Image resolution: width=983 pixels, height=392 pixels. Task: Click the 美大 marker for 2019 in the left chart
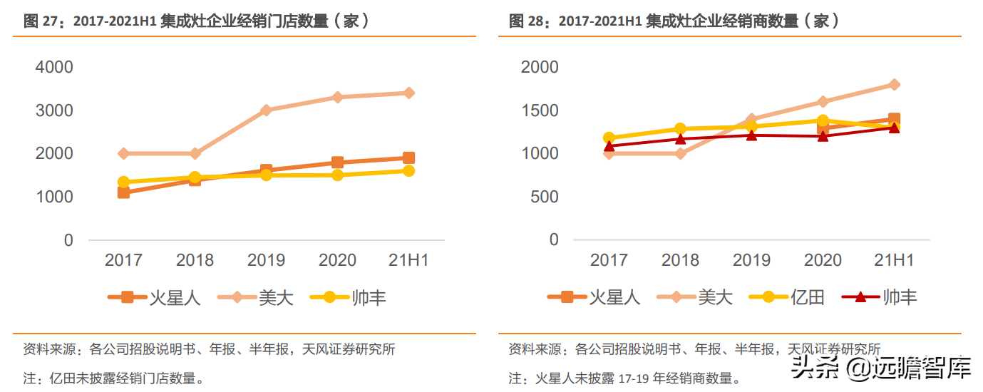point(266,110)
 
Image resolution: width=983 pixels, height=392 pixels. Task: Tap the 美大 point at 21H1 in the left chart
point(408,93)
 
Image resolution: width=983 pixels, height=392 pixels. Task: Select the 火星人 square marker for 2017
point(123,192)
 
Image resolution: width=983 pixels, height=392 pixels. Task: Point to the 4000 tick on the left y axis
point(54,67)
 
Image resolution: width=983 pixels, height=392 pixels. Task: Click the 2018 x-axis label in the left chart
point(195,260)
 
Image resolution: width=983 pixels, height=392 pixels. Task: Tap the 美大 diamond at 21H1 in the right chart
point(894,84)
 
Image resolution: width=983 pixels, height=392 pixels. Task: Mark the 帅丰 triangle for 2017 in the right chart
point(609,146)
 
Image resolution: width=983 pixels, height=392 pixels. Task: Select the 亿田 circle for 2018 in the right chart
point(680,129)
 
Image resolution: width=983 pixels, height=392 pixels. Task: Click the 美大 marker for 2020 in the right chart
point(823,102)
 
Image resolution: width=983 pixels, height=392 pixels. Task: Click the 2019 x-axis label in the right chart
point(751,260)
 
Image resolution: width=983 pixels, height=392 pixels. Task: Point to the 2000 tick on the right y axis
point(540,67)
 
